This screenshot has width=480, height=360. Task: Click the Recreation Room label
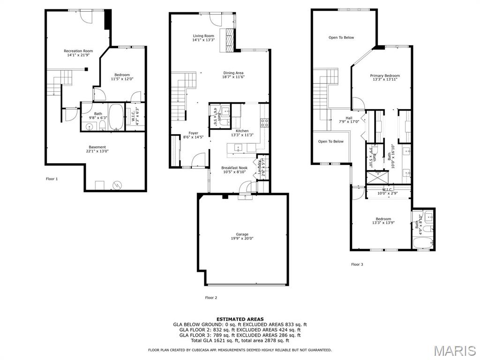[78, 51]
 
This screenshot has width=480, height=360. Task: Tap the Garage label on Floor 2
[242, 234]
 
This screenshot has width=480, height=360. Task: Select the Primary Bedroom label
[385, 75]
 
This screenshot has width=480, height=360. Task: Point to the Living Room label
[203, 36]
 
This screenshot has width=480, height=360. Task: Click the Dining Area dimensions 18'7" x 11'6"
[233, 77]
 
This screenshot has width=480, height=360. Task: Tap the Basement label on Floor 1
[97, 147]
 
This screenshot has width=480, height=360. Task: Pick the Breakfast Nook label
[234, 168]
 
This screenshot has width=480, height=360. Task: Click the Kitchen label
[242, 131]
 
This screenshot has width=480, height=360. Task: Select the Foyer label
[193, 133]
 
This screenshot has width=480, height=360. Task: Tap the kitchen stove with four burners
[264, 123]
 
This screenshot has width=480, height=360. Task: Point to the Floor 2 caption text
[211, 298]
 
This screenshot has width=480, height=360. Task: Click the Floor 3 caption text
[357, 264]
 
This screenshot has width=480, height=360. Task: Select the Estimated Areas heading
[240, 319]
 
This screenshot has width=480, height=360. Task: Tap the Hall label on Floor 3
[349, 118]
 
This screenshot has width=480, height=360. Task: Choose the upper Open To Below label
[341, 37]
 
